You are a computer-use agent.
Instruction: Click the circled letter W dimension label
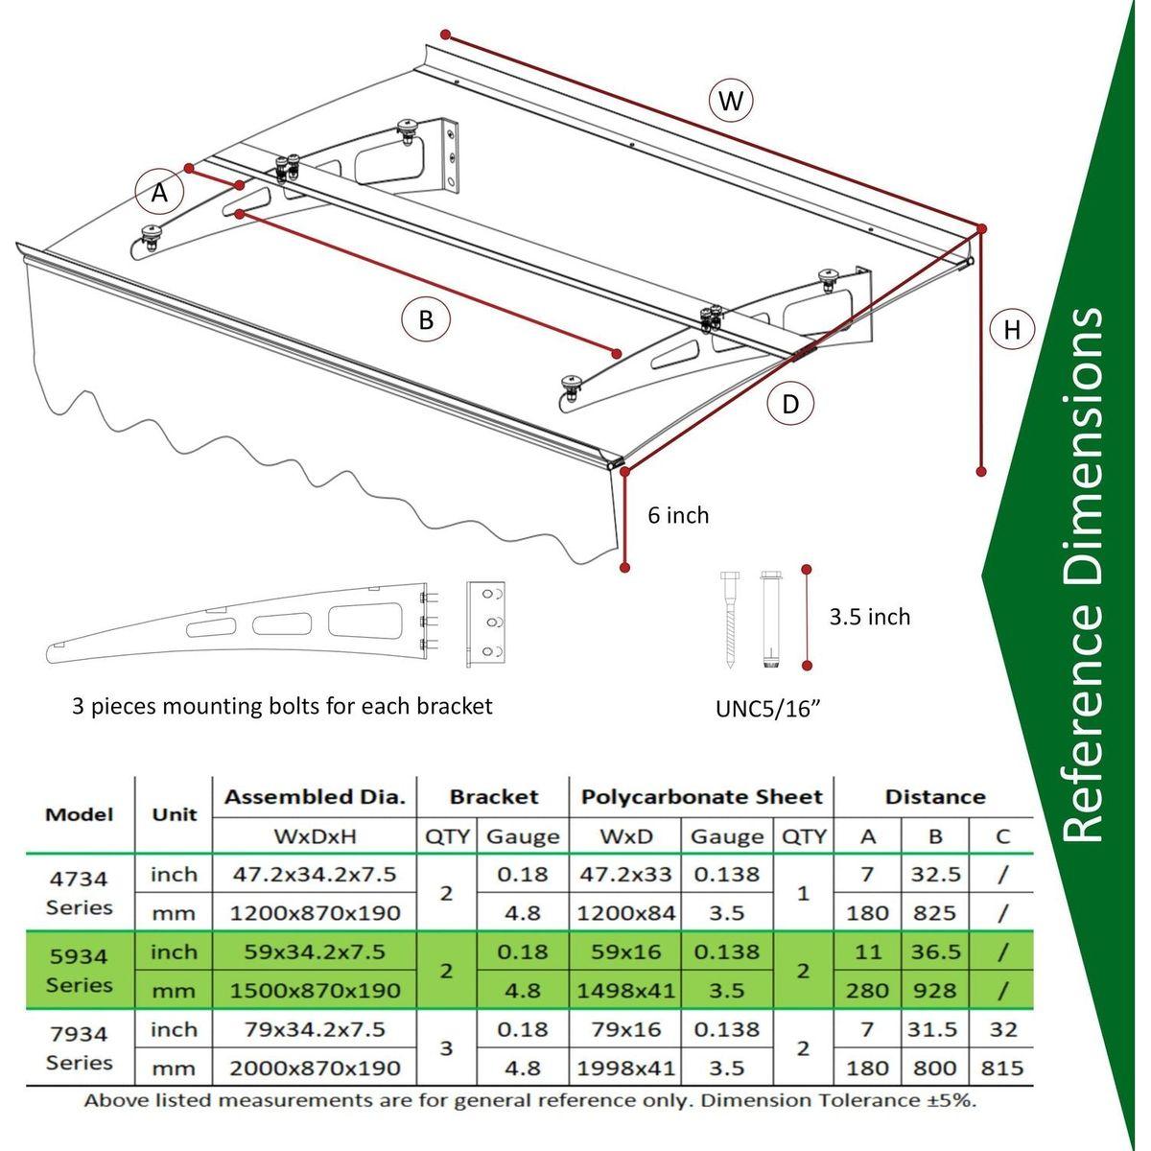[731, 101]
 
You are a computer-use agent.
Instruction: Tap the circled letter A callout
[159, 194]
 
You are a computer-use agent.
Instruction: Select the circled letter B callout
[426, 319]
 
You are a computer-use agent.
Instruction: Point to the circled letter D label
[790, 404]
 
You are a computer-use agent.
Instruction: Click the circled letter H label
[1012, 331]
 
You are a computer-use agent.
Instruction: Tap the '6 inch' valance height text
[678, 516]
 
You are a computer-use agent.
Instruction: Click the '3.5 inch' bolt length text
[869, 617]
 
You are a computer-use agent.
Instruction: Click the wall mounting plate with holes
[485, 624]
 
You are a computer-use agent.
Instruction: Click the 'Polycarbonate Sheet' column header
[702, 797]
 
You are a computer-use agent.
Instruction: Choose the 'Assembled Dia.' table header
[315, 797]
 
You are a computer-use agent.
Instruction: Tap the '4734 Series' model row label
[80, 893]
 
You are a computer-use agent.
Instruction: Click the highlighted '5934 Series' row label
[80, 971]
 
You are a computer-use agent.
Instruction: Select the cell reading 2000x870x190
[315, 1068]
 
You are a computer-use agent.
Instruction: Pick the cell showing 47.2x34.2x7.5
[315, 875]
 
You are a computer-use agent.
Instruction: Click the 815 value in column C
[1002, 1068]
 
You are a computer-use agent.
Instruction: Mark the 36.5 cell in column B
[935, 952]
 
